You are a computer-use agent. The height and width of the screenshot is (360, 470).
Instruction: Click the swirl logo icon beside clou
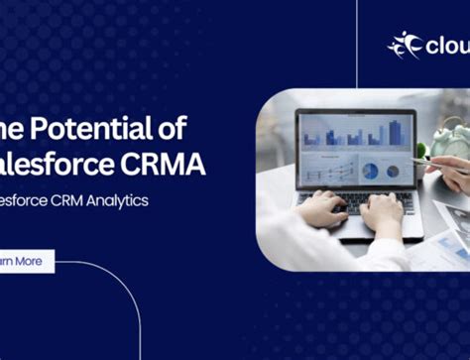[x=404, y=44]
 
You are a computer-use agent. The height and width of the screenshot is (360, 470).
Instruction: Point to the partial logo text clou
[x=446, y=46]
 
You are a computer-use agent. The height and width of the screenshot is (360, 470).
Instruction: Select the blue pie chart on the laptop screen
[x=370, y=171]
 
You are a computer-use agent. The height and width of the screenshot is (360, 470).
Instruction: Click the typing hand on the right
[x=382, y=210]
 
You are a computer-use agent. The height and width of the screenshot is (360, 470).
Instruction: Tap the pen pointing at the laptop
[x=441, y=163]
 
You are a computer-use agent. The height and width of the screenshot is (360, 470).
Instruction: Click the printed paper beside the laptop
[x=451, y=223]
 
